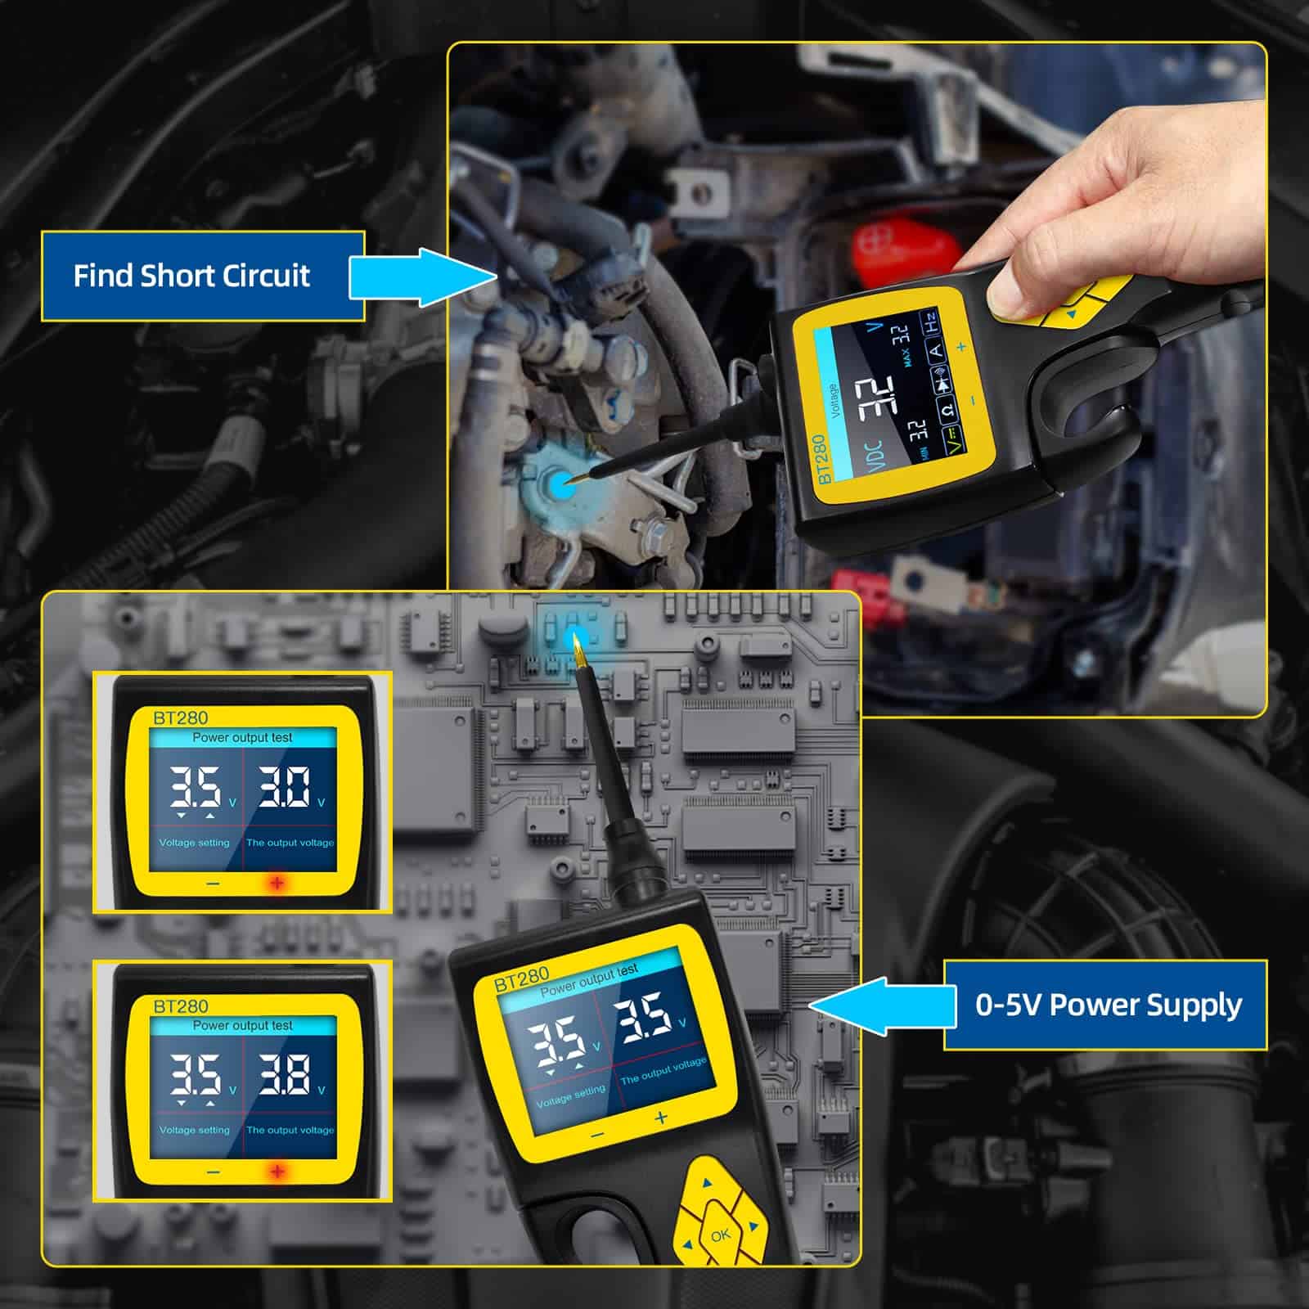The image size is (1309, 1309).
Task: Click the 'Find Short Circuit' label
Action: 192,276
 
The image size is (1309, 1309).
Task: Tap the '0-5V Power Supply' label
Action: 1109,1005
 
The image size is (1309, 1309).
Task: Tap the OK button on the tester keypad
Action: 720,1236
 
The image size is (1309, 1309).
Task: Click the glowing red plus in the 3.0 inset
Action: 277,884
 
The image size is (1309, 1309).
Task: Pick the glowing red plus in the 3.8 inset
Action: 277,1172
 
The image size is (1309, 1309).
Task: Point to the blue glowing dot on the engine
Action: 560,484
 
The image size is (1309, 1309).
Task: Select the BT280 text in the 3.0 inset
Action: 181,717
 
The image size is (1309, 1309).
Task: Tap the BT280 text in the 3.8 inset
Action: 181,1005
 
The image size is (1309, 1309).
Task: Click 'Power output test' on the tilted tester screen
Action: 589,979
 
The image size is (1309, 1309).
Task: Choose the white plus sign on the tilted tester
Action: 661,1118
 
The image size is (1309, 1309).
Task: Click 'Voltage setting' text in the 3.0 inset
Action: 195,843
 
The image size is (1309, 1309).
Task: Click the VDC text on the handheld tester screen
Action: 874,457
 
